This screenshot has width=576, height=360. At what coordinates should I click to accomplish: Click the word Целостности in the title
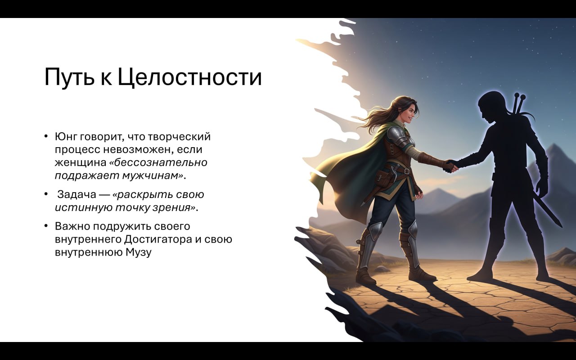point(189,77)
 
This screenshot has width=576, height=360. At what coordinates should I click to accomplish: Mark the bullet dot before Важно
point(46,226)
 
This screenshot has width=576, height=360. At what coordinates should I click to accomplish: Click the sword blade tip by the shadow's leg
point(559,225)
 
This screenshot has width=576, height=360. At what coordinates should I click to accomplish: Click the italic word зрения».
point(176,207)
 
